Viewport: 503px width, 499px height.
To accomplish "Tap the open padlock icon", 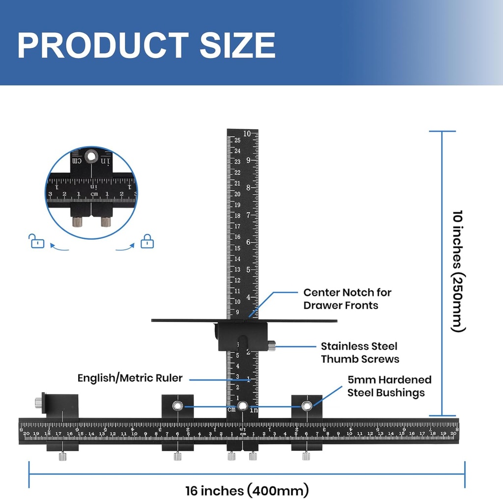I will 37,241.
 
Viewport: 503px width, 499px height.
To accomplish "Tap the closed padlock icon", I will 147,241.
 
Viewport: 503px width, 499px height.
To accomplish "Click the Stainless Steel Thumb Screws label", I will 360,352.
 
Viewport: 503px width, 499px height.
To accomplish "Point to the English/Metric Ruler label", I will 130,378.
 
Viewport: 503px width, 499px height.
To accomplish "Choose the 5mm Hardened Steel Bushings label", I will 389,386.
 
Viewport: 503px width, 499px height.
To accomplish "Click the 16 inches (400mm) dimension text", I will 247,490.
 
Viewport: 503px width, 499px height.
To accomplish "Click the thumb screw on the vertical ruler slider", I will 272,347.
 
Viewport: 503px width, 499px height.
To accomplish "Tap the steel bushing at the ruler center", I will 242,406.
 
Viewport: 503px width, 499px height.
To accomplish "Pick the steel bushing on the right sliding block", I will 307,406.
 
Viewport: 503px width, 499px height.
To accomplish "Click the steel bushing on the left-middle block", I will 177,406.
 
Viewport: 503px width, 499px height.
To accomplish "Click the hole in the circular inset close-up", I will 91,157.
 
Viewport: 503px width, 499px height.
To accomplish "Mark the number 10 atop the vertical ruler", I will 247,134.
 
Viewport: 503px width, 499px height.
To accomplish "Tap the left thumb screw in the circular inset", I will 78,222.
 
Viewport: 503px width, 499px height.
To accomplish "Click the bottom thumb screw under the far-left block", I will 63,457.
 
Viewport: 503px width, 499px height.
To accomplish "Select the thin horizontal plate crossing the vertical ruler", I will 187,321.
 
